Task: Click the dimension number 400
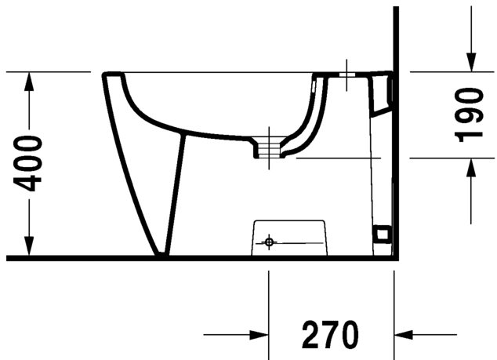click(29, 163)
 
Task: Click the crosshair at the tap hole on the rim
click(346, 78)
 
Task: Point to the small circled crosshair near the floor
click(269, 242)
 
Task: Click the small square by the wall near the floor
click(383, 233)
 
